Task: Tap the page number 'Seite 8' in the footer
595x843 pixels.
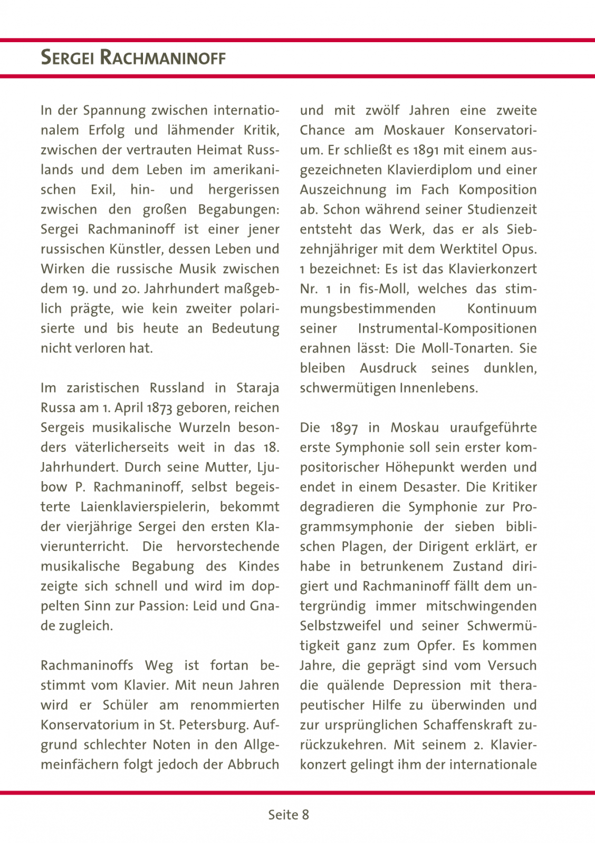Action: point(289,815)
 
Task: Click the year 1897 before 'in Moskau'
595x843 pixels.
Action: point(344,428)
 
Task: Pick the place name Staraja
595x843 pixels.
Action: point(257,388)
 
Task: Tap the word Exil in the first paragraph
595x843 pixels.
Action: point(103,190)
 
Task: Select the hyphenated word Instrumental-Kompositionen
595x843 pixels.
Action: point(447,329)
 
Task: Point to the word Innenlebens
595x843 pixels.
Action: point(439,388)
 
